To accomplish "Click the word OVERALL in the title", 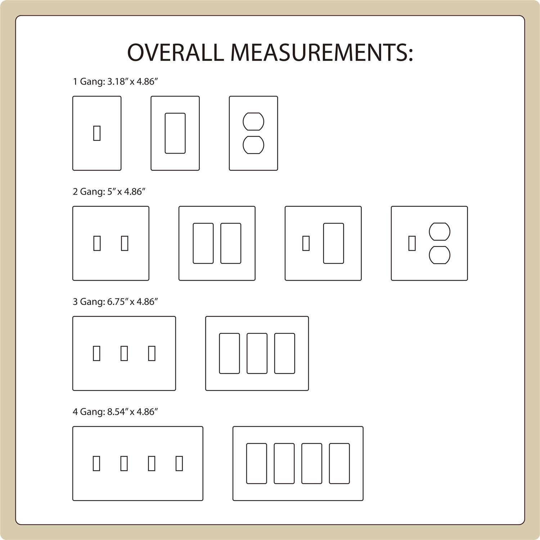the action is [175, 52].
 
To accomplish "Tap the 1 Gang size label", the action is [116, 81].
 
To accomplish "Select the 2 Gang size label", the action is [109, 192].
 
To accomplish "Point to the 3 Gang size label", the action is [116, 302].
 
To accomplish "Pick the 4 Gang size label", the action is [116, 412].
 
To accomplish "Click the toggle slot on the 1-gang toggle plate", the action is [97, 133].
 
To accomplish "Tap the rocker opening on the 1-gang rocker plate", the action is [175, 133].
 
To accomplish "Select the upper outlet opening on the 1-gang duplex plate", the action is [253, 121].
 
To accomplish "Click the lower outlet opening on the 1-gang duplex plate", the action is [253, 145].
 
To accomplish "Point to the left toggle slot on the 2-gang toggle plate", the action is [97, 243].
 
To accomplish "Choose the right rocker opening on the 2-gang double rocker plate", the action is [231, 243].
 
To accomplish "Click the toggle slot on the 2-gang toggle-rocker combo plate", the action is [306, 243].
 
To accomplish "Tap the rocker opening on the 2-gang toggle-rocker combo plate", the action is [334, 243].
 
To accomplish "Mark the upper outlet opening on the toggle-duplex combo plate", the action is [440, 231].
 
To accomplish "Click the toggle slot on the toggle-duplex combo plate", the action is [412, 243].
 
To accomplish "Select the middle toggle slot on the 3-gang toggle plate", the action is [124, 354].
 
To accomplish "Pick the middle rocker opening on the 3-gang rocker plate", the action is [257, 354].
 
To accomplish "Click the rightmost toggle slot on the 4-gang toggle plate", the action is [179, 464].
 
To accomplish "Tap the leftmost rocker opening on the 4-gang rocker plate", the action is [257, 464].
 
